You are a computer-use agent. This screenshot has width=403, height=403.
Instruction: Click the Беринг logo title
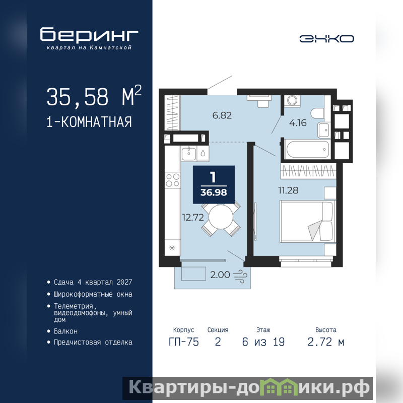(x=89, y=34)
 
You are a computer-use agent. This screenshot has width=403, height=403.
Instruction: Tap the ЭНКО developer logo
(x=326, y=39)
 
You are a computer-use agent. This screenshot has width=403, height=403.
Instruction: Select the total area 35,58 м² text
(x=94, y=96)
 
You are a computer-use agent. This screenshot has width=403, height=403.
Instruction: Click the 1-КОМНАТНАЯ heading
(x=89, y=122)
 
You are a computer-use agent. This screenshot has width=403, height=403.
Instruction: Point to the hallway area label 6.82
(x=222, y=115)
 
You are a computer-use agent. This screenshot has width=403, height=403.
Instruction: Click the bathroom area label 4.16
(x=298, y=123)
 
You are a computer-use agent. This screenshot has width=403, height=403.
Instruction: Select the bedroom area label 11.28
(x=288, y=190)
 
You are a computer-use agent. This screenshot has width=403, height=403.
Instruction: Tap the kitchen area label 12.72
(x=193, y=218)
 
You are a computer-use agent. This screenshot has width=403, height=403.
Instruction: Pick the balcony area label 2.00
(x=220, y=275)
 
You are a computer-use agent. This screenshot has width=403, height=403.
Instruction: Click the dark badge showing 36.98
(x=214, y=184)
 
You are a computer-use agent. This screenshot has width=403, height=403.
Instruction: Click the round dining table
(x=221, y=217)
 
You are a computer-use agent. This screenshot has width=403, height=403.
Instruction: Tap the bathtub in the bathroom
(x=308, y=149)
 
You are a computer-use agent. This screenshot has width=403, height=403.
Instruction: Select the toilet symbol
(x=317, y=112)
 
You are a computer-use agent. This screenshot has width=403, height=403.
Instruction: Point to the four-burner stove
(x=172, y=180)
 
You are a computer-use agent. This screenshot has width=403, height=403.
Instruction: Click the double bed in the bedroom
(x=308, y=222)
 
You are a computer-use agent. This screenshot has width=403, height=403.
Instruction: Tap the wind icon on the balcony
(x=240, y=276)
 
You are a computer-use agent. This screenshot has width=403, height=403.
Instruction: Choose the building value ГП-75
(x=184, y=342)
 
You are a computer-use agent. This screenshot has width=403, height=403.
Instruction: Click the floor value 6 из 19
(x=263, y=342)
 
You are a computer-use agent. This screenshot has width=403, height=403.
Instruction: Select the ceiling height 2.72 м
(x=326, y=342)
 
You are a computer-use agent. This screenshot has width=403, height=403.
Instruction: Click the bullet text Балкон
(x=65, y=331)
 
